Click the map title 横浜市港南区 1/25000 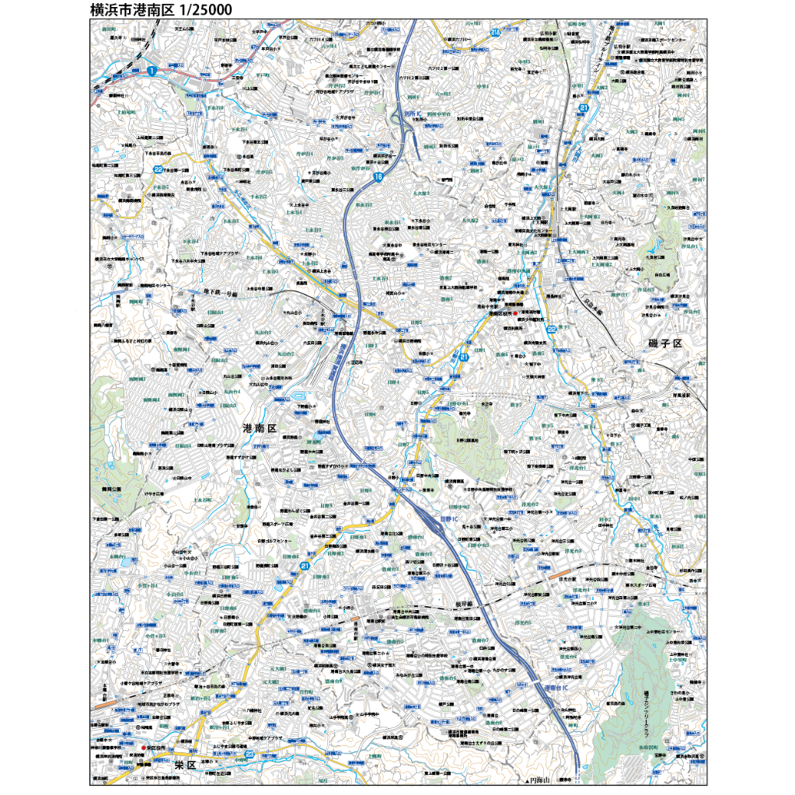(x=160, y=10)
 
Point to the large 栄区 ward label (x=183, y=765)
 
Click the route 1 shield (x=152, y=71)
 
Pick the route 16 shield (x=378, y=178)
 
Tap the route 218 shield (x=496, y=32)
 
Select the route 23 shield (x=249, y=753)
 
